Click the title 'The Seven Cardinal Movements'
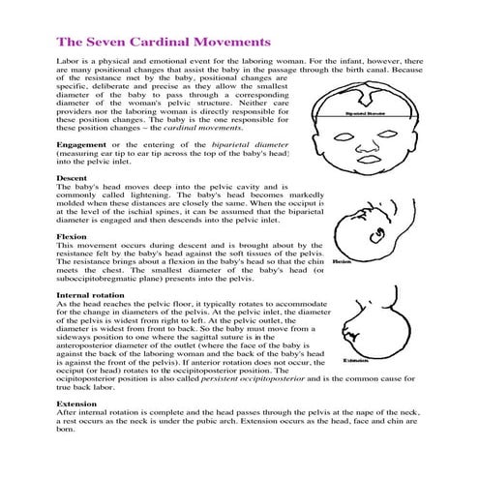click(x=162, y=43)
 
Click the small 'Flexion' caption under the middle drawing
click(x=340, y=261)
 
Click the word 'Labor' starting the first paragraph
click(x=68, y=60)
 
